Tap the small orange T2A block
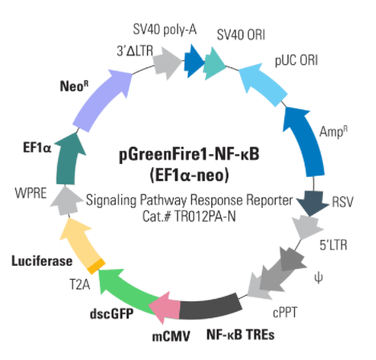tap(96, 266)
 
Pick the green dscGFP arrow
tap(126, 292)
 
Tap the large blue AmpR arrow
tap(305, 142)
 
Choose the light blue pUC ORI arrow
tap(263, 83)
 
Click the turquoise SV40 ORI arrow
tap(215, 63)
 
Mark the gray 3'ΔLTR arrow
tap(167, 63)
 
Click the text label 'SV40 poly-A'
tap(165, 30)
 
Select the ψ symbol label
tap(318, 279)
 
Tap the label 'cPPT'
tap(285, 313)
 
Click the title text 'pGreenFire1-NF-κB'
tap(189, 155)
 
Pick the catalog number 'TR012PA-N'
tap(205, 216)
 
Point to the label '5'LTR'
tap(333, 245)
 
